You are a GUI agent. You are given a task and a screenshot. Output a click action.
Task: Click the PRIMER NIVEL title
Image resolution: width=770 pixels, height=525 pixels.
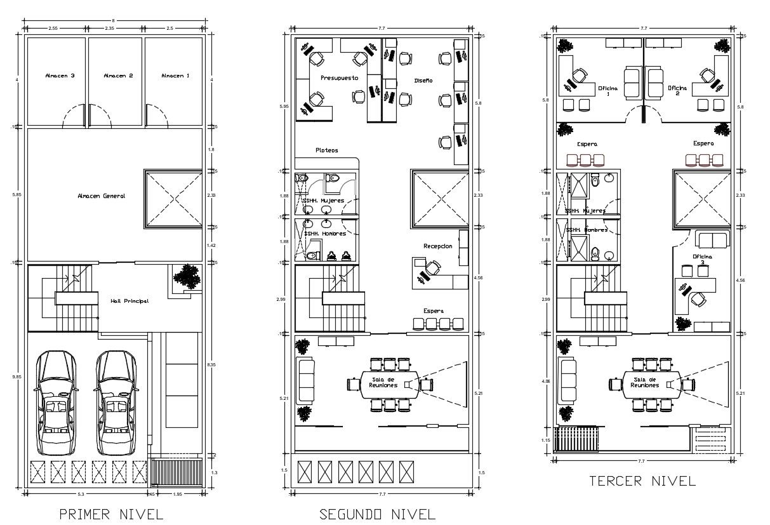tap(112, 514)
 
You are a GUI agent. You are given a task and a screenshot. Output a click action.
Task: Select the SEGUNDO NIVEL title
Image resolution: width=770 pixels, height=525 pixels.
tap(377, 514)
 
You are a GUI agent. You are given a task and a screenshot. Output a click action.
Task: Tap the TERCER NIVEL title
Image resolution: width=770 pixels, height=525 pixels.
tap(642, 481)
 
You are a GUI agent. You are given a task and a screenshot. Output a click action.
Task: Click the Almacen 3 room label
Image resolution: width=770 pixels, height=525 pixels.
tap(60, 76)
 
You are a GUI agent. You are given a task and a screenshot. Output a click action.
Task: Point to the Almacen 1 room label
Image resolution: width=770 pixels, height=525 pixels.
tap(175, 76)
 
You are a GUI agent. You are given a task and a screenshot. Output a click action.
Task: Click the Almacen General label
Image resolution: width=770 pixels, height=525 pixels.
tap(102, 196)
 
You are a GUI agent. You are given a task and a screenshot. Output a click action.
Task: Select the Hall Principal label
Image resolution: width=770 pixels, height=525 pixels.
tap(129, 301)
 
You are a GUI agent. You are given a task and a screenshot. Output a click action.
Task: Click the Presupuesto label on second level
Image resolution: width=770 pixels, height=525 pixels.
tap(339, 77)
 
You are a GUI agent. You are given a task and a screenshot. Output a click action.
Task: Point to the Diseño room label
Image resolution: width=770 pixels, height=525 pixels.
tap(423, 81)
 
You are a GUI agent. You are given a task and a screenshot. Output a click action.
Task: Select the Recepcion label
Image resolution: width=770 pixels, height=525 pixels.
tap(438, 246)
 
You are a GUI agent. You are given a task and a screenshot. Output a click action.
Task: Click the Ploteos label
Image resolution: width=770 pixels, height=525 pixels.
tap(327, 150)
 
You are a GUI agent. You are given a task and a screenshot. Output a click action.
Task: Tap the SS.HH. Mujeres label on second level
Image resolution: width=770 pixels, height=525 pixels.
tap(324, 200)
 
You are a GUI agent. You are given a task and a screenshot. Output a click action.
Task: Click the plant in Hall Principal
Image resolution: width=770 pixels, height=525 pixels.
tap(186, 276)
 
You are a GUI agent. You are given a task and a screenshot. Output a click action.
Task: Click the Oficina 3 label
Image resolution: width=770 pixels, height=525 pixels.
tap(703, 258)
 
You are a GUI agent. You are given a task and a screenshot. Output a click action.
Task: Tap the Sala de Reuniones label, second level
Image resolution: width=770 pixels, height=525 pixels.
tap(386, 383)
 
